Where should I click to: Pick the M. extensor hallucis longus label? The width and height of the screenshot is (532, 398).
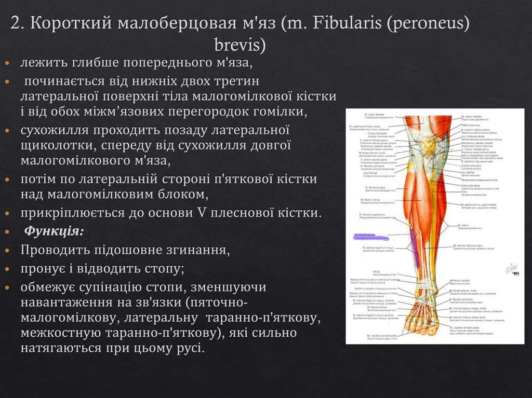471,245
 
